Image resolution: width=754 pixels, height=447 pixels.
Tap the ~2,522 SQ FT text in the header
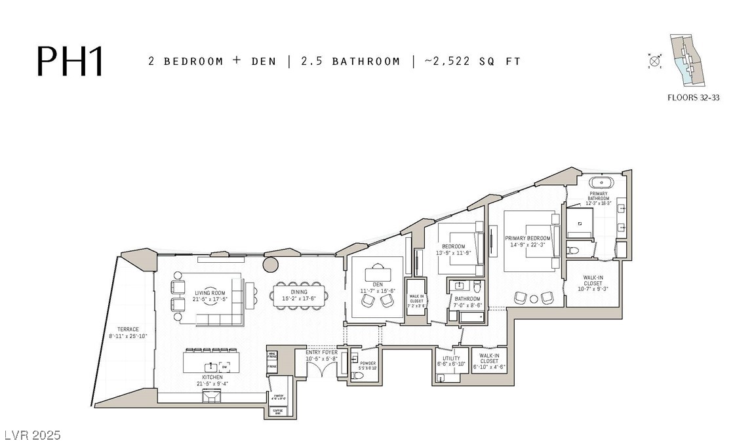472,62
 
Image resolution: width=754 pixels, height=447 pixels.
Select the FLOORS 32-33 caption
694,98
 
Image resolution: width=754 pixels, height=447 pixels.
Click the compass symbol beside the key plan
654,62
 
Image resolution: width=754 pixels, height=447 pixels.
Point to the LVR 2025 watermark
31,435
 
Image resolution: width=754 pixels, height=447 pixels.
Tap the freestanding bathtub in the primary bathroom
597,183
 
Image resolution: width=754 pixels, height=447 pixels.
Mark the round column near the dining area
271,265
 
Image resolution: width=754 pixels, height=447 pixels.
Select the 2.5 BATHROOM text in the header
350,62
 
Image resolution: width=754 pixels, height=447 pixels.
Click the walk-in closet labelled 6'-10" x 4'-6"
488,362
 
